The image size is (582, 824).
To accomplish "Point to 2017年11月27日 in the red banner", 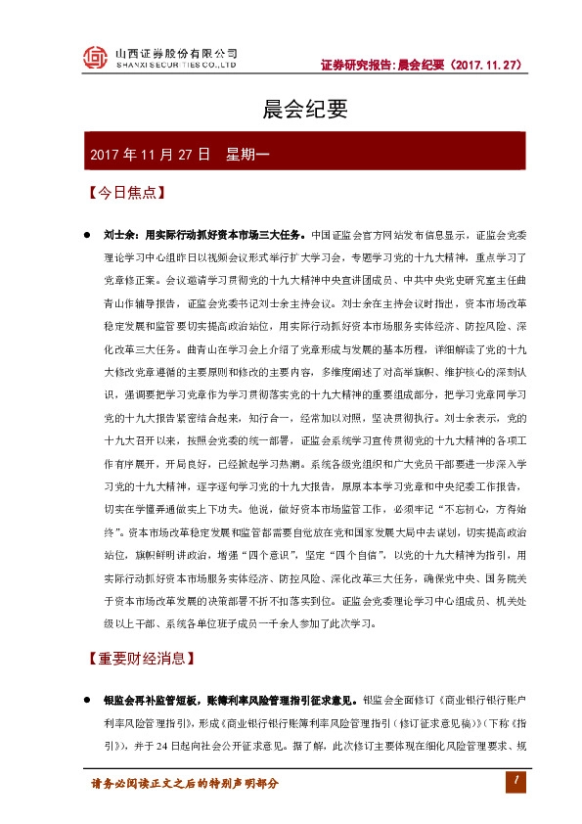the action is tap(149, 155).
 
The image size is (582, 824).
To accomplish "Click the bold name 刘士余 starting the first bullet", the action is tap(118, 235).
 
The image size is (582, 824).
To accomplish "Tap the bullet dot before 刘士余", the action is tap(87, 235).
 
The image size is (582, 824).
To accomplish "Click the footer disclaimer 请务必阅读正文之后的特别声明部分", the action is tap(185, 784).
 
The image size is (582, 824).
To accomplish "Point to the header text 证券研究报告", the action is tap(357, 66).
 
